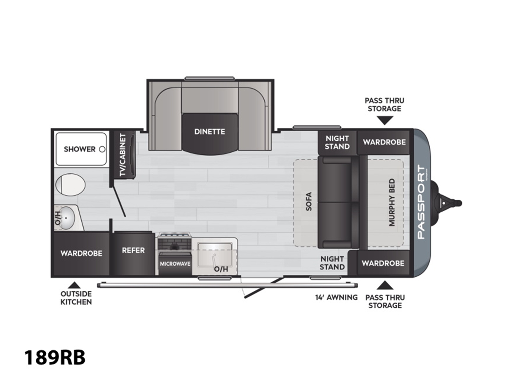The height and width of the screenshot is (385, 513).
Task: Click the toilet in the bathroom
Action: pos(70,185)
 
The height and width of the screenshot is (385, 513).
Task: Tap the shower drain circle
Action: pos(102,149)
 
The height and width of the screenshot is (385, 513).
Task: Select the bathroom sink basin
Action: pos(66,218)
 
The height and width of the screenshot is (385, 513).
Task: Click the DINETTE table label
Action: pos(209,132)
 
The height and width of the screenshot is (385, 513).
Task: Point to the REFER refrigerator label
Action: pos(133,250)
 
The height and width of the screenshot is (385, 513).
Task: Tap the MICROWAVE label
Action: pos(175,264)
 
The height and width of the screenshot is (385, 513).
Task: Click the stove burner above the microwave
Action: pos(174,246)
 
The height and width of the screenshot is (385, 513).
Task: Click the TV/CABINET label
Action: pos(123,155)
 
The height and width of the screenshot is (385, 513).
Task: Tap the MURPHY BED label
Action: pos(392,202)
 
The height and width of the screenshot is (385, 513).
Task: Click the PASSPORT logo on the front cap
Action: pos(422,202)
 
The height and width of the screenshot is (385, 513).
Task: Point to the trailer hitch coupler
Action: pos(450,203)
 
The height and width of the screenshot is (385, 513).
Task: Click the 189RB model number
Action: pos(55,358)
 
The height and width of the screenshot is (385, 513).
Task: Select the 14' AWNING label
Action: pos(336,297)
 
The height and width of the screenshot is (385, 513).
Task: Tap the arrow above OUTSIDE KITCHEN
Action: pos(74,285)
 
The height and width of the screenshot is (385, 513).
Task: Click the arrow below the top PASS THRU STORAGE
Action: pos(385,121)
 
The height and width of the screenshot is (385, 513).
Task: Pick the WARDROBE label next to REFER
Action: pos(81,253)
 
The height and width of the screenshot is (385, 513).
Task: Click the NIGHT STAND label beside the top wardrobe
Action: pos(337,142)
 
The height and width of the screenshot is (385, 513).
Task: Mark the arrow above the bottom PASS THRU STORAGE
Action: pos(385,285)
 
